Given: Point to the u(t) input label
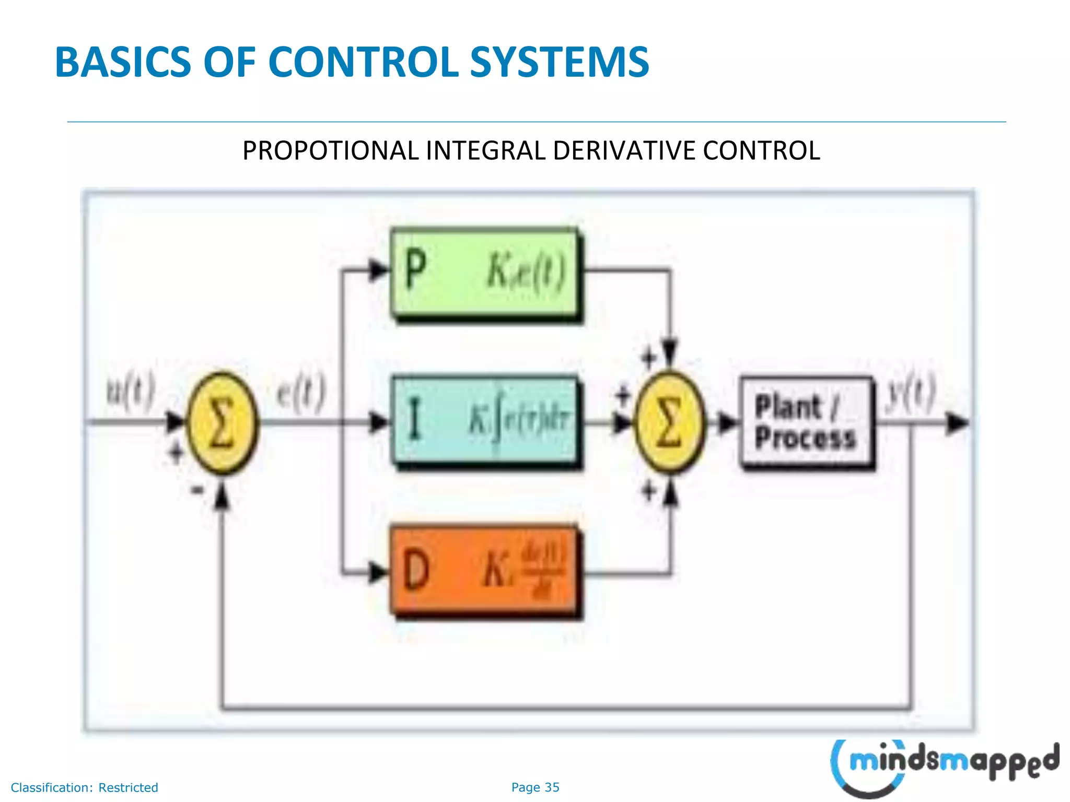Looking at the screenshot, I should [x=131, y=391].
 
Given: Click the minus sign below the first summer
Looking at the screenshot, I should [x=197, y=490].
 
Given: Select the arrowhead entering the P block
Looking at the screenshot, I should [x=378, y=270].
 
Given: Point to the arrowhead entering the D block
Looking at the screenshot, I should [x=378, y=573].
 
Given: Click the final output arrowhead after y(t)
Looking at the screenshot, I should [x=957, y=422].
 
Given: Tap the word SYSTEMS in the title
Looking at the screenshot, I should [x=559, y=62].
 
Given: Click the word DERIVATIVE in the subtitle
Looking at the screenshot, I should [x=625, y=151].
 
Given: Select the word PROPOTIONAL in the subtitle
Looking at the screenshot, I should [x=331, y=151].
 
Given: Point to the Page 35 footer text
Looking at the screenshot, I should [x=535, y=787].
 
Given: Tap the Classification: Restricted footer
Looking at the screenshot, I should [x=85, y=787].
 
